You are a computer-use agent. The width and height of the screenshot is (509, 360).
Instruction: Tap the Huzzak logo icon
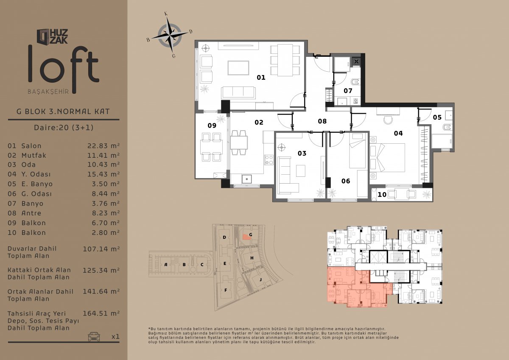pyautogui.click(x=43, y=36)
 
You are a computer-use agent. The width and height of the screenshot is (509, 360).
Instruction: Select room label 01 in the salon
pyautogui.click(x=261, y=78)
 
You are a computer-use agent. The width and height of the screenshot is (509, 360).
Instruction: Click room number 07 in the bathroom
pyautogui.click(x=348, y=91)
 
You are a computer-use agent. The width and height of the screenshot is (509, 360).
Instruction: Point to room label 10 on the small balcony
pyautogui.click(x=382, y=195)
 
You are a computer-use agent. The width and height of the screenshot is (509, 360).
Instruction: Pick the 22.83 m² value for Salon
pyautogui.click(x=103, y=145)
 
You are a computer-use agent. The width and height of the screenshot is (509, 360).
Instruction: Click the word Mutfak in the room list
pyautogui.click(x=34, y=155)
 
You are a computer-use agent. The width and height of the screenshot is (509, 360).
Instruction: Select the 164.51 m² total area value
pyautogui.click(x=101, y=313)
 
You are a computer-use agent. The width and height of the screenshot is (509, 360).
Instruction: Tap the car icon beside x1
pyautogui.click(x=94, y=336)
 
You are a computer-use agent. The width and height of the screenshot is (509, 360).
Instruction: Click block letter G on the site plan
pyautogui.click(x=251, y=234)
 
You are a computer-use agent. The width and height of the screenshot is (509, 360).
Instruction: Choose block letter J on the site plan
pyautogui.click(x=260, y=279)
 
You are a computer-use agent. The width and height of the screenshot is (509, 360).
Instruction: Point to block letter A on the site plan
pyautogui.click(x=166, y=265)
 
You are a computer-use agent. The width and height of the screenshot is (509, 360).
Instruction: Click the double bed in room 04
pyautogui.click(x=387, y=157)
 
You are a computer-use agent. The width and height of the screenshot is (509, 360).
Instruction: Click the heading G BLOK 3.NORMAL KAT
pyautogui.click(x=63, y=112)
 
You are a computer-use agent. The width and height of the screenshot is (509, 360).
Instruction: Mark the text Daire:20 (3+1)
pyautogui.click(x=64, y=127)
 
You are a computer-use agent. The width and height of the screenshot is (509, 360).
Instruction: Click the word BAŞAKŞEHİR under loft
pyautogui.click(x=48, y=92)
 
